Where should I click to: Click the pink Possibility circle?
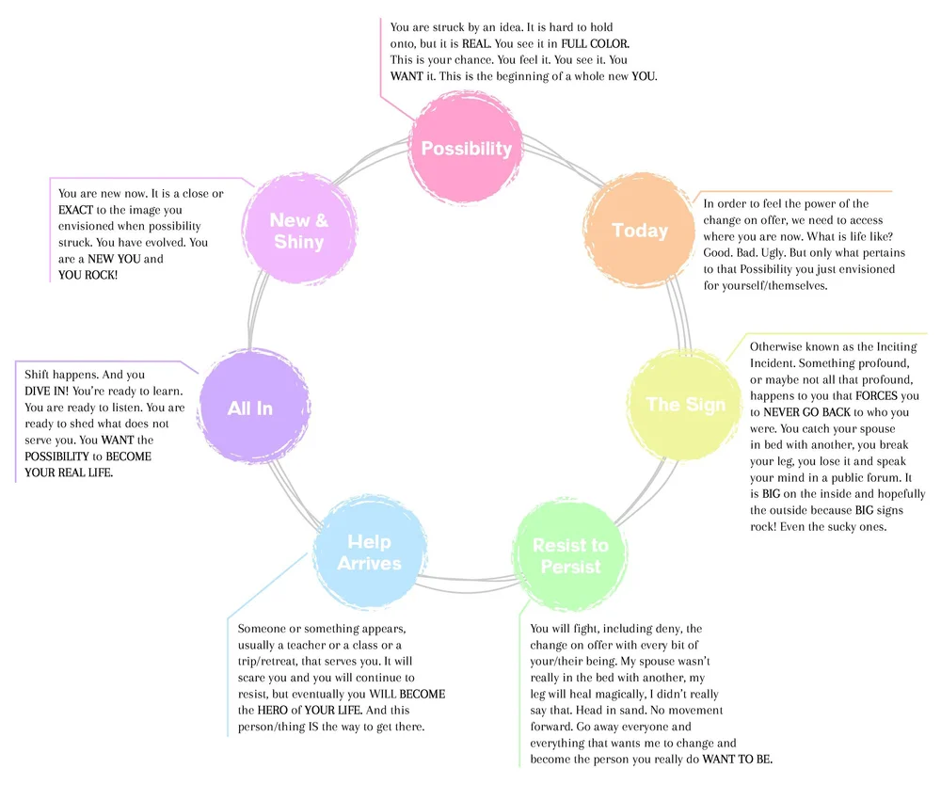click(x=466, y=149)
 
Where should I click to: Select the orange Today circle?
click(x=640, y=231)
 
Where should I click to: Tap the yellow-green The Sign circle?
click(x=685, y=405)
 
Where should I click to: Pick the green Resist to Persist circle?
click(x=570, y=556)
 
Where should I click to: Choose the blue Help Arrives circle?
click(x=369, y=553)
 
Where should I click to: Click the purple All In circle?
click(x=250, y=408)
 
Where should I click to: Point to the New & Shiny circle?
click(x=297, y=231)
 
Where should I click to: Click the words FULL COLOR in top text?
click(x=595, y=44)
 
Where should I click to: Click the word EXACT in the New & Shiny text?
click(x=76, y=210)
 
